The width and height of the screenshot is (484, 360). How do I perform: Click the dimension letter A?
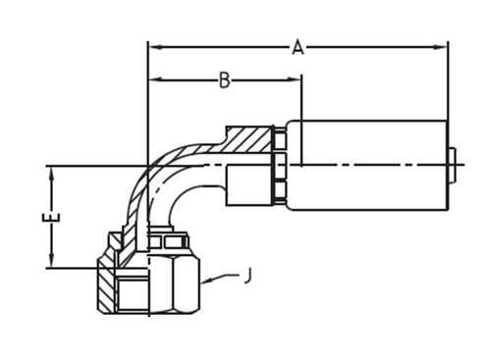click(x=297, y=47)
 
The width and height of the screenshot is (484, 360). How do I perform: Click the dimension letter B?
click(x=225, y=80)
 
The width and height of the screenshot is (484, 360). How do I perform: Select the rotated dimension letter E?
click(x=52, y=217)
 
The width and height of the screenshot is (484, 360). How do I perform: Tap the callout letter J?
click(x=249, y=276)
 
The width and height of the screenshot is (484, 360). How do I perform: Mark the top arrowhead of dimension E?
click(x=52, y=174)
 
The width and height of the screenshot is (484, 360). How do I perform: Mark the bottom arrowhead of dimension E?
click(x=52, y=261)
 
